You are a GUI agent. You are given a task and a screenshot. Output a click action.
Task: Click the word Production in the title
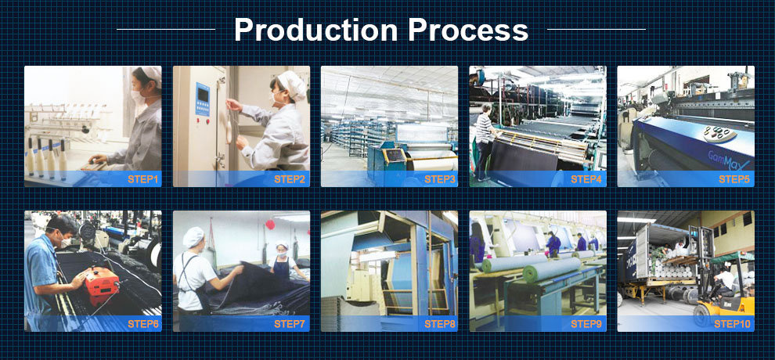pos(315,30)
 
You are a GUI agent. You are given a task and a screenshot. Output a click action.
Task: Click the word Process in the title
pos(468,30)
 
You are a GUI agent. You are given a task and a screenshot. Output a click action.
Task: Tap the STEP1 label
pos(142,179)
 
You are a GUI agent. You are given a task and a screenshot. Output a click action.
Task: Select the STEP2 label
pos(290,179)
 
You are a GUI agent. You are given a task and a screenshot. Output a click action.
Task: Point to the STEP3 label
pos(440,179)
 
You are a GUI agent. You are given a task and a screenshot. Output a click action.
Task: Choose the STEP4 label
pos(586,179)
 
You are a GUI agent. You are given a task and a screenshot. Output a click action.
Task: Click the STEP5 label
pos(734,179)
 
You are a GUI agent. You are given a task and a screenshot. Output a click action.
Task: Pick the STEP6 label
pos(143,324)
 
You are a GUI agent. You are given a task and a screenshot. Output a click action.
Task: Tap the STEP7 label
pos(290,324)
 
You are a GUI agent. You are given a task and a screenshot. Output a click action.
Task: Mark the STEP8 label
pos(440,324)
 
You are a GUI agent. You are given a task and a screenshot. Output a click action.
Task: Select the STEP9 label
pos(586,324)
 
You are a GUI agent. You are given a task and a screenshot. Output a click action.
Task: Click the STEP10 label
pos(732,324)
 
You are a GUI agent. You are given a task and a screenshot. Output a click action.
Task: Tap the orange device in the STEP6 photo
pos(101,282)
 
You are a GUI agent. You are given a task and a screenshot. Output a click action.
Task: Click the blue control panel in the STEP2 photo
pos(202,99)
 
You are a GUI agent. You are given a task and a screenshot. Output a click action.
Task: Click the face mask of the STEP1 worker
pos(138,97)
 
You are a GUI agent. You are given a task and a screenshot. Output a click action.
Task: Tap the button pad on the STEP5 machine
pos(719,133)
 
